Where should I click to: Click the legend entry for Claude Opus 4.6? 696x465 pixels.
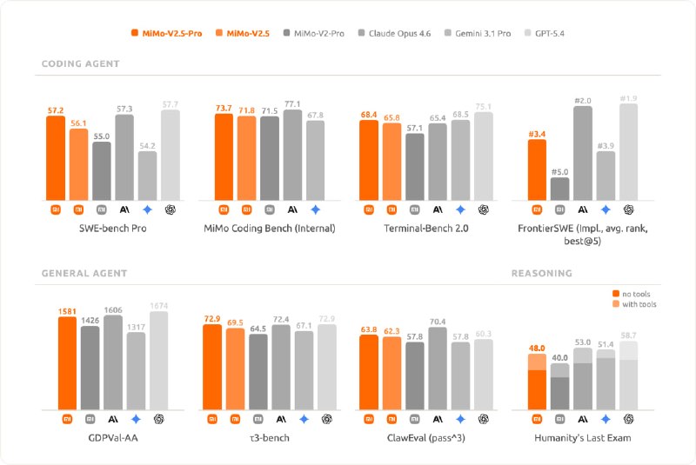click(x=401, y=34)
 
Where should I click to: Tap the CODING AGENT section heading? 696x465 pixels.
click(x=81, y=64)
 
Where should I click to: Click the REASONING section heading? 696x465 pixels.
click(x=541, y=273)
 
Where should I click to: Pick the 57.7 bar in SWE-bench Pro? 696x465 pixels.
click(x=171, y=155)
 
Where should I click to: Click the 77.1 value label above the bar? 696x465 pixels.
click(x=291, y=103)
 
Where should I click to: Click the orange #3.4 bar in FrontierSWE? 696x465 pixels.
click(x=537, y=169)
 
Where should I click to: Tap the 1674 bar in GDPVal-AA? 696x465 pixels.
click(x=158, y=361)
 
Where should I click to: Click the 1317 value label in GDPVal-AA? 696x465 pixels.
click(x=136, y=326)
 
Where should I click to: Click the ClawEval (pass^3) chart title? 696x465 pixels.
click(x=425, y=437)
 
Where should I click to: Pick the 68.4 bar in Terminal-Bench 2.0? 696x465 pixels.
click(x=368, y=160)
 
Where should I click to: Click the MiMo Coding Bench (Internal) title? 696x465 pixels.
click(x=269, y=228)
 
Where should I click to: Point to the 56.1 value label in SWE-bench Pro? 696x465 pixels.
click(x=78, y=123)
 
